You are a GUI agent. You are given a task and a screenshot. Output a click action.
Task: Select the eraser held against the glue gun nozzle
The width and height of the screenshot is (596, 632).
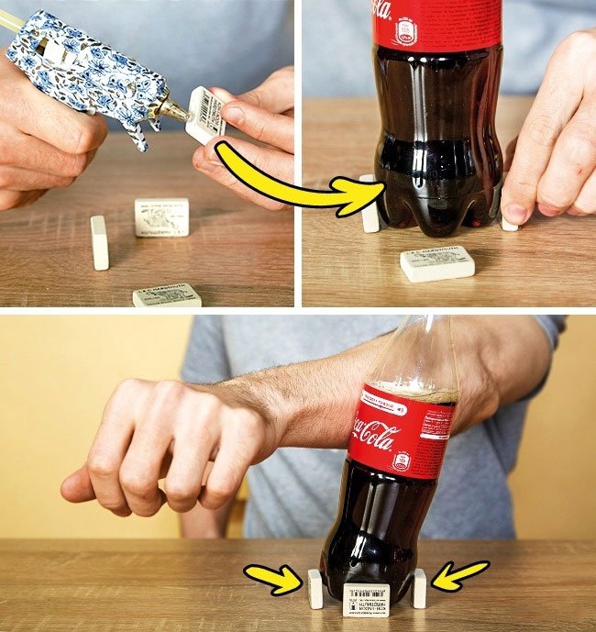click(205, 115)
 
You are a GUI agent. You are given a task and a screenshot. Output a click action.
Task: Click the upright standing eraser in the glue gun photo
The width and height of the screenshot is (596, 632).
click(99, 242)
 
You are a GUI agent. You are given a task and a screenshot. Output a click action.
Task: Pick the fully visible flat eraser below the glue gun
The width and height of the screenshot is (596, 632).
click(161, 217)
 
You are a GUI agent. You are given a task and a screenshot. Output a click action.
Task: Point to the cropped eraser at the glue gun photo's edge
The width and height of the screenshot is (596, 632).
click(167, 295)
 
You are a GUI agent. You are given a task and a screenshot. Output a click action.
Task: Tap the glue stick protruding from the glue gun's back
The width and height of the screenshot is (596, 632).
click(10, 20)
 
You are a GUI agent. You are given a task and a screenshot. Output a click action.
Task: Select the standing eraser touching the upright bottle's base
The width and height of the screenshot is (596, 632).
click(370, 203)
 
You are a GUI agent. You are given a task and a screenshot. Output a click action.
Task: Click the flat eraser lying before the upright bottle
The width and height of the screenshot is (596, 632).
click(437, 262)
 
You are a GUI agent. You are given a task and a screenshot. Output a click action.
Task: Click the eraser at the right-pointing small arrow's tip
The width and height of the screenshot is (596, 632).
click(315, 588)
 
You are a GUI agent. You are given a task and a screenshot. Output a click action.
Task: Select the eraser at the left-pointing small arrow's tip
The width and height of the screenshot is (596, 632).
click(420, 588)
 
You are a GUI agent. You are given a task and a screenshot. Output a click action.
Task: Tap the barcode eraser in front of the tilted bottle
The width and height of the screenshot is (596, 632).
click(366, 600)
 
